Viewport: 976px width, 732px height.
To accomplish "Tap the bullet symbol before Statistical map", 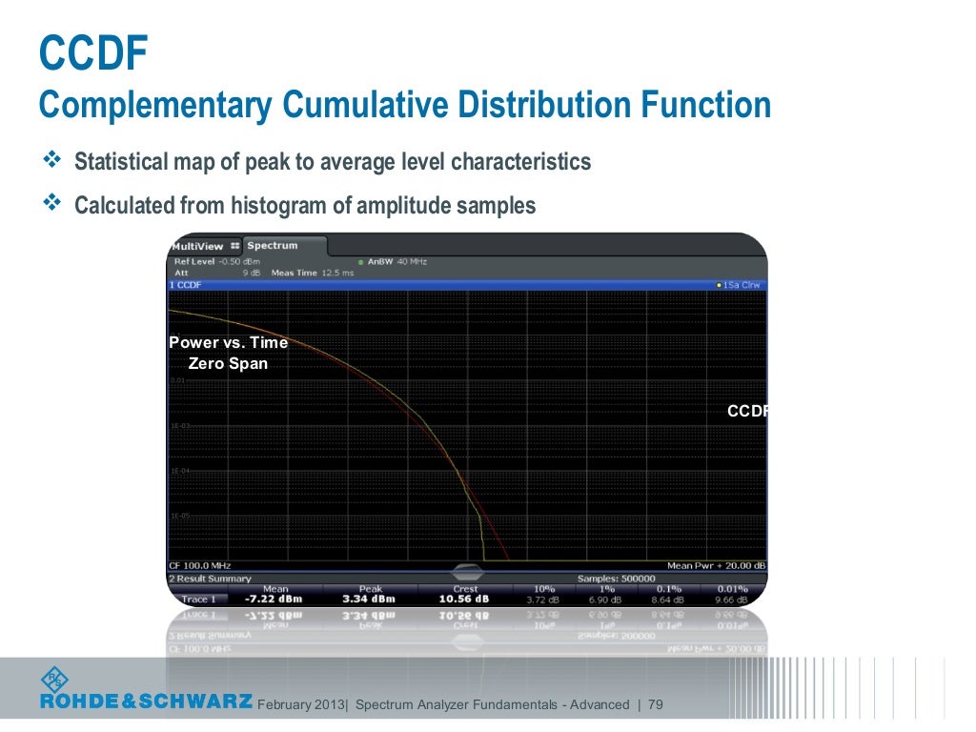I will [51, 161].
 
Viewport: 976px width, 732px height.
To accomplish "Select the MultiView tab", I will [198, 246].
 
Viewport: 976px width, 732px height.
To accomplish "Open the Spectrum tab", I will [273, 246].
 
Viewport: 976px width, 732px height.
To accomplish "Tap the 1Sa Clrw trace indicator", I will [739, 285].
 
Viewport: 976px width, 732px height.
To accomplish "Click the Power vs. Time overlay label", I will [228, 343].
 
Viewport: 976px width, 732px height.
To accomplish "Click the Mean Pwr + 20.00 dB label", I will [716, 566].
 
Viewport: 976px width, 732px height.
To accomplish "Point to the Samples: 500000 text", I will [617, 579].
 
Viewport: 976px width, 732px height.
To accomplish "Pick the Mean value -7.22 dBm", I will [274, 600].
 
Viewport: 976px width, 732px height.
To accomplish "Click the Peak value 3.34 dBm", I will [370, 600].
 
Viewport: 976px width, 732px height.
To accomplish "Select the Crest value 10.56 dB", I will [465, 600].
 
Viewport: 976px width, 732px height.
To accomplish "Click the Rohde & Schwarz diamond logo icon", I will [54, 680].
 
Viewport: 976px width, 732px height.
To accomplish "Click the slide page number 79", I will [654, 705].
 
